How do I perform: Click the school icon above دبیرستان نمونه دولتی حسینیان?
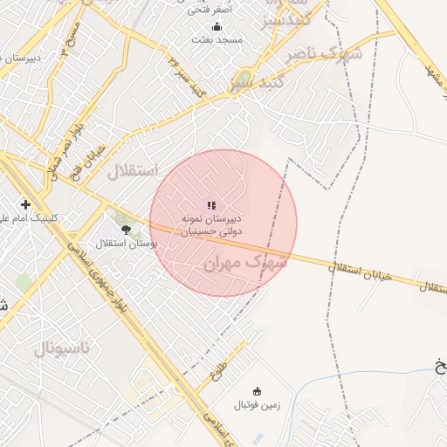coord(210,204)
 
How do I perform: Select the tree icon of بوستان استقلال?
coord(126,230)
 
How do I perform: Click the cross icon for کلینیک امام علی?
coord(25,204)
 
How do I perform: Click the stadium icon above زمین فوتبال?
coord(257,390)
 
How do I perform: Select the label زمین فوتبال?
coord(253,405)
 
